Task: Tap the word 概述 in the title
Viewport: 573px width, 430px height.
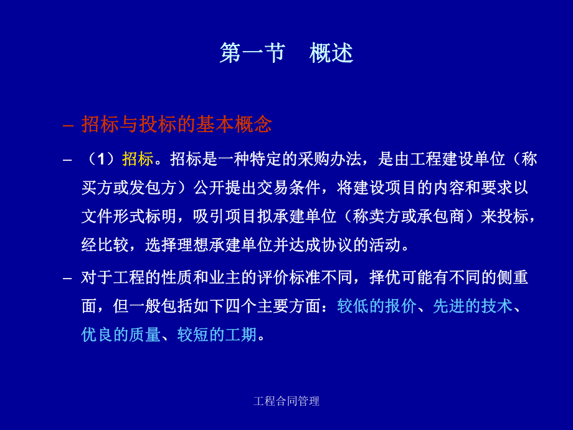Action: tap(331, 54)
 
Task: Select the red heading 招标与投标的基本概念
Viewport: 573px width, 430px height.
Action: tap(177, 125)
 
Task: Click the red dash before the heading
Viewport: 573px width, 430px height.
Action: tap(69, 125)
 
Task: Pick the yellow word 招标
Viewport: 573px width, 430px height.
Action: tap(138, 160)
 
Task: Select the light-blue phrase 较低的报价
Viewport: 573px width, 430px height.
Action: tap(377, 306)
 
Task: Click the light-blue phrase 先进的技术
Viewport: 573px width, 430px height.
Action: tap(472, 306)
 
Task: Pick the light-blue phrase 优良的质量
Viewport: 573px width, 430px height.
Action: tap(121, 335)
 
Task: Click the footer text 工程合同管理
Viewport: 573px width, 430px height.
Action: tap(286, 401)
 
